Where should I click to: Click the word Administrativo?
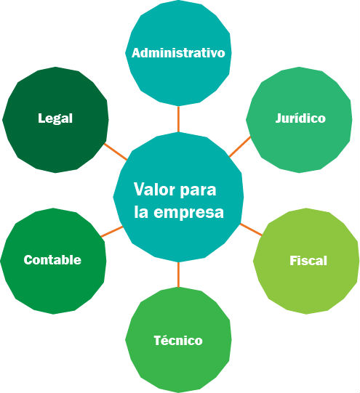[x=178, y=53]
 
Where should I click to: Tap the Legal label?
[x=55, y=118]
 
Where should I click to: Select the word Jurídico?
[x=300, y=118]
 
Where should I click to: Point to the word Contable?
[x=52, y=259]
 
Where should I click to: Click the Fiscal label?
[x=308, y=261]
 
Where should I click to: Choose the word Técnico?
[x=178, y=341]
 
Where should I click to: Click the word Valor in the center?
[x=154, y=189]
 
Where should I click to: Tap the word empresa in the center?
[x=188, y=213]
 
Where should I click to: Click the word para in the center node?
[x=198, y=191]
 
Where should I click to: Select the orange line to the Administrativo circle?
[x=178, y=119]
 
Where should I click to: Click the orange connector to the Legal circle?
[x=116, y=152]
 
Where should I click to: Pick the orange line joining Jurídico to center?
[x=240, y=147]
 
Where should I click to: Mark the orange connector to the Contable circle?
[x=112, y=232]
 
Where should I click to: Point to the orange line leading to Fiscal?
[x=251, y=230]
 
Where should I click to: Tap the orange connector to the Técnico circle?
[x=178, y=275]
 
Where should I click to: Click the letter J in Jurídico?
[x=279, y=118]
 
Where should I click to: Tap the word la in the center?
[x=141, y=212]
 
